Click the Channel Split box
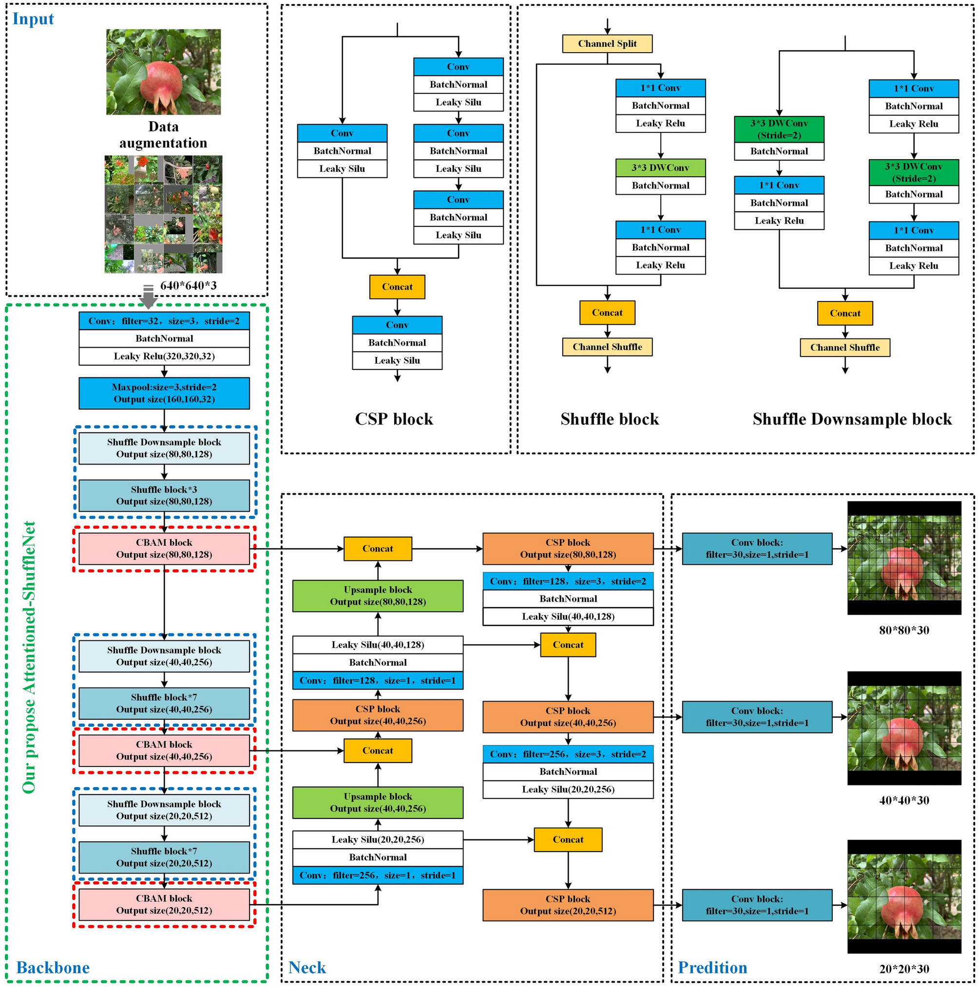(x=607, y=43)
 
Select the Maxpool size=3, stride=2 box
(x=164, y=393)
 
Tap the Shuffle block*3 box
(x=164, y=495)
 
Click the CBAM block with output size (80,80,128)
(x=164, y=548)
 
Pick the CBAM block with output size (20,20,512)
(x=164, y=904)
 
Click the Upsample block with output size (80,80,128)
(x=378, y=595)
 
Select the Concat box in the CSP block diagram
(x=397, y=287)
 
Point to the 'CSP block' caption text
(x=394, y=419)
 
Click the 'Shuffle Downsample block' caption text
(x=852, y=419)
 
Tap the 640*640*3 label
(x=188, y=285)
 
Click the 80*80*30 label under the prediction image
(x=903, y=630)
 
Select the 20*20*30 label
(x=903, y=968)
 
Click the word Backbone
(x=53, y=967)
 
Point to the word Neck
(x=307, y=967)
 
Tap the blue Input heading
(x=33, y=19)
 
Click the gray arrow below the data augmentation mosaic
(x=148, y=297)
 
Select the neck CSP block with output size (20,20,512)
(x=568, y=905)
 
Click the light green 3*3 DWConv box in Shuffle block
(x=660, y=168)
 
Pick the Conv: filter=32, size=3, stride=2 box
(x=164, y=321)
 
